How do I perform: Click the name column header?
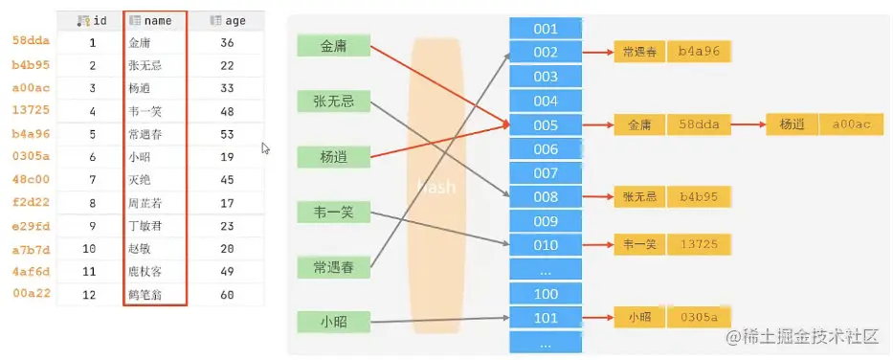pos(155,20)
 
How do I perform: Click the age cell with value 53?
pos(227,134)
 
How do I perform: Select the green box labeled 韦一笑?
pos(333,213)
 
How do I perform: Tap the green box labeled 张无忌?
pos(333,101)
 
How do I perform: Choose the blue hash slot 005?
pos(546,124)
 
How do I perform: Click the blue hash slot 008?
pos(546,197)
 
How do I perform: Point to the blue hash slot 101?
pos(546,317)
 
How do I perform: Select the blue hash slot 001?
pos(546,28)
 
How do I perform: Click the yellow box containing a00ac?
pos(850,124)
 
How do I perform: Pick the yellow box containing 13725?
pos(700,245)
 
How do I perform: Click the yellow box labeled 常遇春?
pos(638,52)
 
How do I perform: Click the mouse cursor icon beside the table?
pos(266,148)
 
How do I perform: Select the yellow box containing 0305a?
pos(700,317)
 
